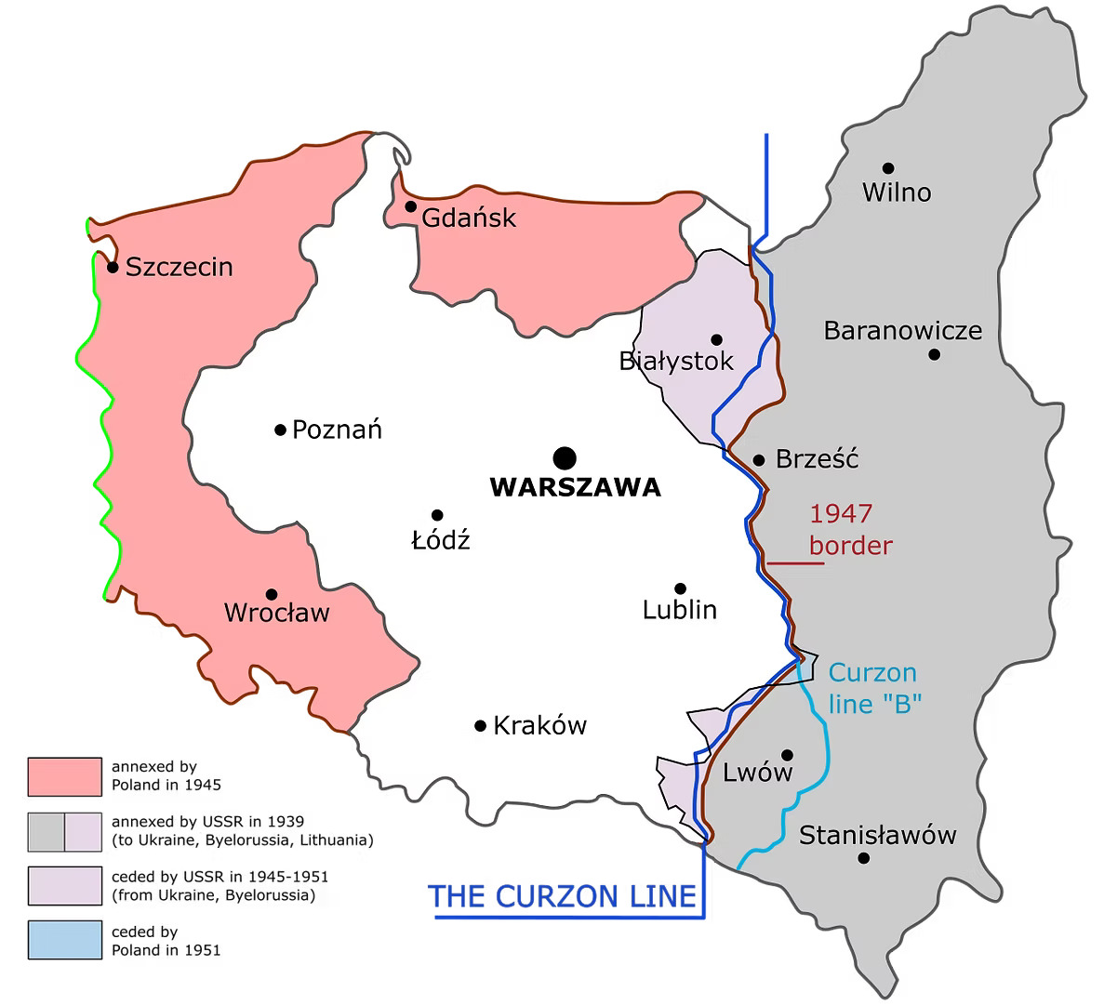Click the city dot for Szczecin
click(113, 267)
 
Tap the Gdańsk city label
click(468, 218)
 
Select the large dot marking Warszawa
click(564, 457)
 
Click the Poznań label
click(337, 430)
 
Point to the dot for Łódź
click(437, 515)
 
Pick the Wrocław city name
click(277, 613)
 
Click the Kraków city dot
click(481, 725)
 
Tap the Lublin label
click(680, 610)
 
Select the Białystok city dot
click(716, 339)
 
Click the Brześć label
click(817, 459)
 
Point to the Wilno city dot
click(888, 168)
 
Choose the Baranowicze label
click(903, 331)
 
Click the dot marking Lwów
click(787, 755)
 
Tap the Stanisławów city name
click(878, 835)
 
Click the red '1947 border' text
click(850, 529)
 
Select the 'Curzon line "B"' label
click(873, 687)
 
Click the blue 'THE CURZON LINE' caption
click(562, 896)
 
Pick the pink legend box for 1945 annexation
click(64, 776)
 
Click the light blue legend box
click(64, 940)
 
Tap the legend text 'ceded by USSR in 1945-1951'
click(219, 877)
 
